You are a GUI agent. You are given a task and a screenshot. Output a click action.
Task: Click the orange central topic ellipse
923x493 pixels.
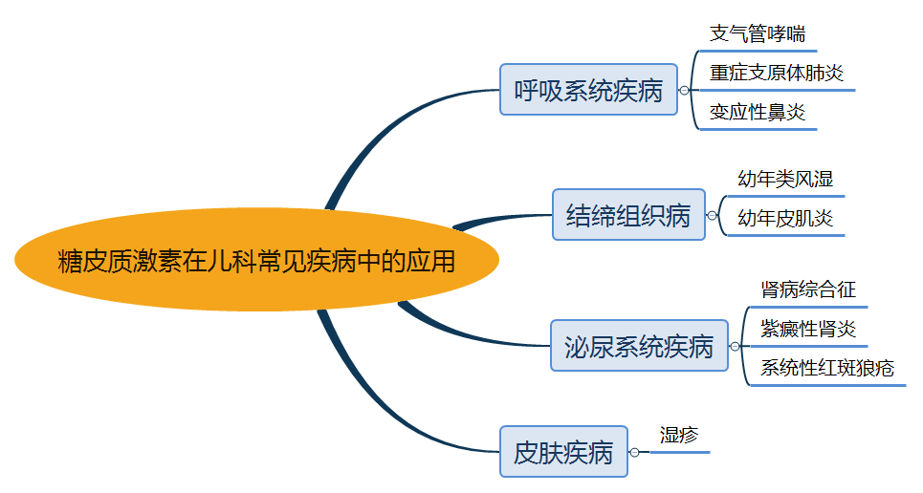(x=256, y=260)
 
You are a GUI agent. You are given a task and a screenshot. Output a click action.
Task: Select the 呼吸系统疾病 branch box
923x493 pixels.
(x=588, y=90)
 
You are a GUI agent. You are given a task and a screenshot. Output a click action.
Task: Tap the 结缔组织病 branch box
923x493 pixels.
(x=628, y=215)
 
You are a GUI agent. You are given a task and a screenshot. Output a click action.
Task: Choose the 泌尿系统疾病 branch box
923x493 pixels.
(x=639, y=346)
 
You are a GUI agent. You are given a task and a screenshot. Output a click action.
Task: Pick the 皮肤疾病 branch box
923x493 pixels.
(x=563, y=451)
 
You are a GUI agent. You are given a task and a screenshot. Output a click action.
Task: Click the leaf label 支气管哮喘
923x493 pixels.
(x=757, y=33)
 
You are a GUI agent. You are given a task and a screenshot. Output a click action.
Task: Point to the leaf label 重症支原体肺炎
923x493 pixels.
(x=777, y=73)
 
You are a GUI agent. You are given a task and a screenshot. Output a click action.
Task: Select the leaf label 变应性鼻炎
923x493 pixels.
(x=758, y=112)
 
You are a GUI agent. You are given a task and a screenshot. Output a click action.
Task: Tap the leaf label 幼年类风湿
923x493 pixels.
(x=785, y=179)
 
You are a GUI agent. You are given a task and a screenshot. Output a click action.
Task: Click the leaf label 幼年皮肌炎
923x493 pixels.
(x=785, y=219)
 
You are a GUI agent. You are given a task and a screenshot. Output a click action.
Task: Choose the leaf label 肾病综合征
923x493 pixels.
(x=808, y=289)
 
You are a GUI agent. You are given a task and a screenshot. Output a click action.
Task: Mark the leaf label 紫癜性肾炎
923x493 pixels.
(x=808, y=330)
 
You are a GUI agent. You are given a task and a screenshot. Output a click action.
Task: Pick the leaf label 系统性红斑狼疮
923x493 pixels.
(x=827, y=368)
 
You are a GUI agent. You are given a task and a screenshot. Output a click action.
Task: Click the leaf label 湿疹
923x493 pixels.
(x=679, y=435)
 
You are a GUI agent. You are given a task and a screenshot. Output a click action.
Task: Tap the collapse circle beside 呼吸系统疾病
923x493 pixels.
(x=684, y=91)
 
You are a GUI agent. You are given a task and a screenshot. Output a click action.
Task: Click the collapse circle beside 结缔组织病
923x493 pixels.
(x=712, y=216)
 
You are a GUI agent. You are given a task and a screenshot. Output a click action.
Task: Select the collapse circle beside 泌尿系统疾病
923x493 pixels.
(x=735, y=346)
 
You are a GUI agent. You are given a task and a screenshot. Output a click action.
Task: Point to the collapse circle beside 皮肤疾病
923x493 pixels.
(x=634, y=452)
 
